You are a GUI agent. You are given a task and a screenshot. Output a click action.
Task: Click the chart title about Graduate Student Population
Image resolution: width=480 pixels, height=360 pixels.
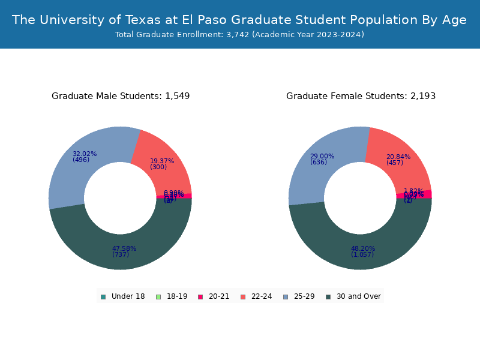pyautogui.click(x=239, y=20)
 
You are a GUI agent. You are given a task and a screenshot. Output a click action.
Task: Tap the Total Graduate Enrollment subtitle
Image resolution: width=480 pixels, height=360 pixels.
pyautogui.click(x=239, y=35)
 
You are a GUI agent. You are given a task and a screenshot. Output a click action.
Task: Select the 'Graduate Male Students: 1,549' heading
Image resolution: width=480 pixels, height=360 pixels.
pyautogui.click(x=121, y=96)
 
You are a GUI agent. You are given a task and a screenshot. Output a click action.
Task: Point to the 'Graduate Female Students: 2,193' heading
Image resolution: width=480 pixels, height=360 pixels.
pyautogui.click(x=361, y=96)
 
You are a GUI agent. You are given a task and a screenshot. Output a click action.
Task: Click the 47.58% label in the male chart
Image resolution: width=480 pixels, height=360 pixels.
pyautogui.click(x=124, y=248)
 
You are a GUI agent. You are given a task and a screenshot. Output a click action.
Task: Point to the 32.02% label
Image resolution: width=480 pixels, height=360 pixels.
pyautogui.click(x=85, y=154)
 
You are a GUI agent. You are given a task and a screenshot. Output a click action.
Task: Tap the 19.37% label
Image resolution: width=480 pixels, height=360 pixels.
pyautogui.click(x=162, y=161)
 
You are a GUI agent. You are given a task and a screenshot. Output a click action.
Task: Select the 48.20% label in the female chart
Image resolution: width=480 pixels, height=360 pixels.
pyautogui.click(x=363, y=248)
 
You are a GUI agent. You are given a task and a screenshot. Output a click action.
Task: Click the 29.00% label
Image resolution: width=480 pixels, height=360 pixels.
pyautogui.click(x=322, y=156)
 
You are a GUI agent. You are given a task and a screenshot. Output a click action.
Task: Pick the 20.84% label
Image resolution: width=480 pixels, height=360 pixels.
pyautogui.click(x=398, y=157)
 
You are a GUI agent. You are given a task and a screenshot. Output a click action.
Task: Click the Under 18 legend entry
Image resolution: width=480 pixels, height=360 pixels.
pyautogui.click(x=123, y=296)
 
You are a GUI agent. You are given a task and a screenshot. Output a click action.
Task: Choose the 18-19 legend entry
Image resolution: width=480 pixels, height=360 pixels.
pyautogui.click(x=172, y=296)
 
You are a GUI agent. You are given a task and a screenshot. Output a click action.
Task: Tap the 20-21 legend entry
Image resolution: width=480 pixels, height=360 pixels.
pyautogui.click(x=214, y=296)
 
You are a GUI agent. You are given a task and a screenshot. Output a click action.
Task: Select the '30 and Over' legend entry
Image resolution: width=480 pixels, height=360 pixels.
pyautogui.click(x=353, y=296)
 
